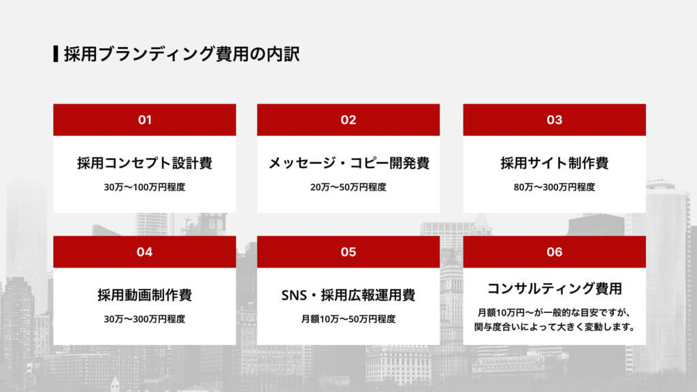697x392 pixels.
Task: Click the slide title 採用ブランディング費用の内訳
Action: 182,54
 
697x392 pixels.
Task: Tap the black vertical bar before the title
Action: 55,54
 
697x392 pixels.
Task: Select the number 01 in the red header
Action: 144,120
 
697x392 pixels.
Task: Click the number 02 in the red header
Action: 348,120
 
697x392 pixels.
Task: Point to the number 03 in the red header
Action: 554,120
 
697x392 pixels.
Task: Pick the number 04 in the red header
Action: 144,252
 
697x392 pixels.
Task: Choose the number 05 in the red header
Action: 348,252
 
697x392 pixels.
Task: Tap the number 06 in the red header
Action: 554,252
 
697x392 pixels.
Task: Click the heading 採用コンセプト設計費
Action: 144,163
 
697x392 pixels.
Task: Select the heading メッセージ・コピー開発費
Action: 348,163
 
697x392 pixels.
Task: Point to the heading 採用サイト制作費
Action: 554,163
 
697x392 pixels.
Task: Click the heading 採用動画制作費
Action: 144,295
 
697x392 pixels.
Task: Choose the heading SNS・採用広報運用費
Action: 348,295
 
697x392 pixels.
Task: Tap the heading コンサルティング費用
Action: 554,289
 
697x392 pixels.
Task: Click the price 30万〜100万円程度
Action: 144,186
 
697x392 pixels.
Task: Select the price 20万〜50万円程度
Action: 348,186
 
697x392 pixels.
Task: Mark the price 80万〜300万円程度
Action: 554,186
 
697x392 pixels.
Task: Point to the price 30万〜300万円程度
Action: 144,318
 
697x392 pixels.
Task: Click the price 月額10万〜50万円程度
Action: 348,318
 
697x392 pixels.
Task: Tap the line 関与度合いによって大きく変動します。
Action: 554,327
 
